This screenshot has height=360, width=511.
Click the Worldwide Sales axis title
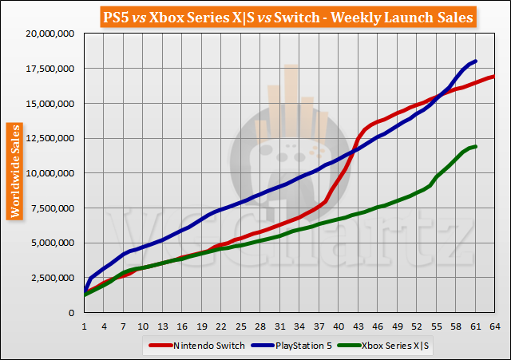pos(14,171)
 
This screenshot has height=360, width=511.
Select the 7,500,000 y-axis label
pos(50,208)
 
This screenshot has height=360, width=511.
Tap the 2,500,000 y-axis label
pos(50,277)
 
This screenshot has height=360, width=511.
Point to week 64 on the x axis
pos(496,326)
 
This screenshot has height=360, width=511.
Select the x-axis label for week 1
pos(85,326)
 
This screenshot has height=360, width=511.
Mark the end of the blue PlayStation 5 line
pos(476,61)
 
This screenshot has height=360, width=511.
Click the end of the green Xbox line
pos(476,146)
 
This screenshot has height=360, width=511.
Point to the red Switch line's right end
pos(495,76)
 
